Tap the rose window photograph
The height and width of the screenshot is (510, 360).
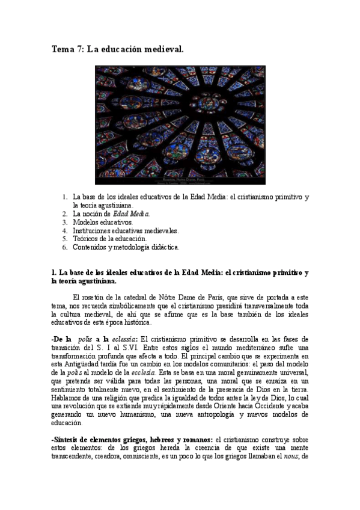coord(180,120)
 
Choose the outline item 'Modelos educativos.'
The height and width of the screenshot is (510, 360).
coord(103,222)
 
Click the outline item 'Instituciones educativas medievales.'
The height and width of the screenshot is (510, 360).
coord(126,230)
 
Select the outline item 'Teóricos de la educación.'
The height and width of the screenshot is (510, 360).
coord(110,239)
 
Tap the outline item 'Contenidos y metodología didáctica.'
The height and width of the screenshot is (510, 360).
coord(126,247)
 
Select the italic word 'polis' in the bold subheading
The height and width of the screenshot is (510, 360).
coord(87,340)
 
